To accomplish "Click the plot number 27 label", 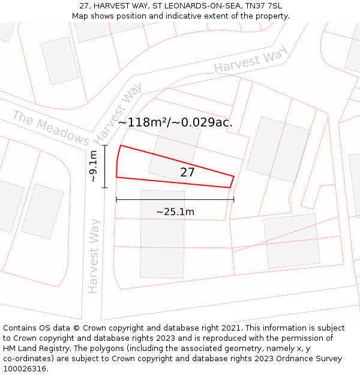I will click(188, 172).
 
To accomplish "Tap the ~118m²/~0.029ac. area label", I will click(175, 122).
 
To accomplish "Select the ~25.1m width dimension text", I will click(175, 212).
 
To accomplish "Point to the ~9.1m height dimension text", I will click(93, 167).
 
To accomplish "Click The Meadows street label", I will click(50, 127).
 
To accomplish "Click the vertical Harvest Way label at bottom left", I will click(94, 256).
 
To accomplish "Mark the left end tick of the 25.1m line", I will click(116, 199).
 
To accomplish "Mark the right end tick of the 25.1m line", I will click(233, 199).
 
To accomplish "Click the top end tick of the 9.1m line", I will click(105, 145).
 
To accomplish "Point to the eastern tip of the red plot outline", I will click(233, 176).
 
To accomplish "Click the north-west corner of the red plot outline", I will click(121, 145).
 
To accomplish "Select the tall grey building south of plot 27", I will click(162, 234).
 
